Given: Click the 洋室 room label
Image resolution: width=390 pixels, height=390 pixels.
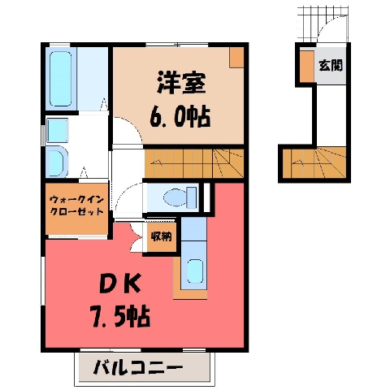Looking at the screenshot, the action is pos(181,83).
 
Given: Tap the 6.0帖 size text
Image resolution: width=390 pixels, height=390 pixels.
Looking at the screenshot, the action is pos(180,117).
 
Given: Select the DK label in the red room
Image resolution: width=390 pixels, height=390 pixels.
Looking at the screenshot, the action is pos(120,284).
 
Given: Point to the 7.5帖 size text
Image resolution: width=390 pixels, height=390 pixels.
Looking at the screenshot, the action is pos(121,316).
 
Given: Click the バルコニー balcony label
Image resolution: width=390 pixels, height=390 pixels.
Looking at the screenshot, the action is pos(138,368).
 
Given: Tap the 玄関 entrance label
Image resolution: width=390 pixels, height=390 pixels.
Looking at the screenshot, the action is pos(331,65).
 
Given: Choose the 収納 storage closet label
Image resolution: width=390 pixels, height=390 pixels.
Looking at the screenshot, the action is pos(162,237).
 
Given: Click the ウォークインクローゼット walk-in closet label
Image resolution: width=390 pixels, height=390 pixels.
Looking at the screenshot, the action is pos(77,206).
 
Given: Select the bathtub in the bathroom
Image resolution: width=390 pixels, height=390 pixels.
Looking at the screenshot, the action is pos(61,79).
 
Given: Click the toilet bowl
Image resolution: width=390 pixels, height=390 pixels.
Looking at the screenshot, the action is pos(175,197).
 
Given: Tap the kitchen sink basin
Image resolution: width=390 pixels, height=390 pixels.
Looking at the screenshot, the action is pos(195,271).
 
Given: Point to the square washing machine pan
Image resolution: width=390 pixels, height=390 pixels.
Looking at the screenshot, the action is pos(58,130).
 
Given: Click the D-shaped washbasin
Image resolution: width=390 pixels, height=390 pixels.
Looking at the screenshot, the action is pos(56,162).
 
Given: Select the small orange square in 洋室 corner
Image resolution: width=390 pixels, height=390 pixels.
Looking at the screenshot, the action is pos(236,58).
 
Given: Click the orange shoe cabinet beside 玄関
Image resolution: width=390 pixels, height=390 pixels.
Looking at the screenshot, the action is pos(307,67).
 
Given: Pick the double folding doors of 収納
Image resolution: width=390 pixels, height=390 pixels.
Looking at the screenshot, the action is pos(136,237).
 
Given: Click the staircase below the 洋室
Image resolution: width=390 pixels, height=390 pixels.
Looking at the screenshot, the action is pos(194,163).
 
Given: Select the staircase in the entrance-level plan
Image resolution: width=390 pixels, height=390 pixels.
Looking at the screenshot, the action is pos(314,162).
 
